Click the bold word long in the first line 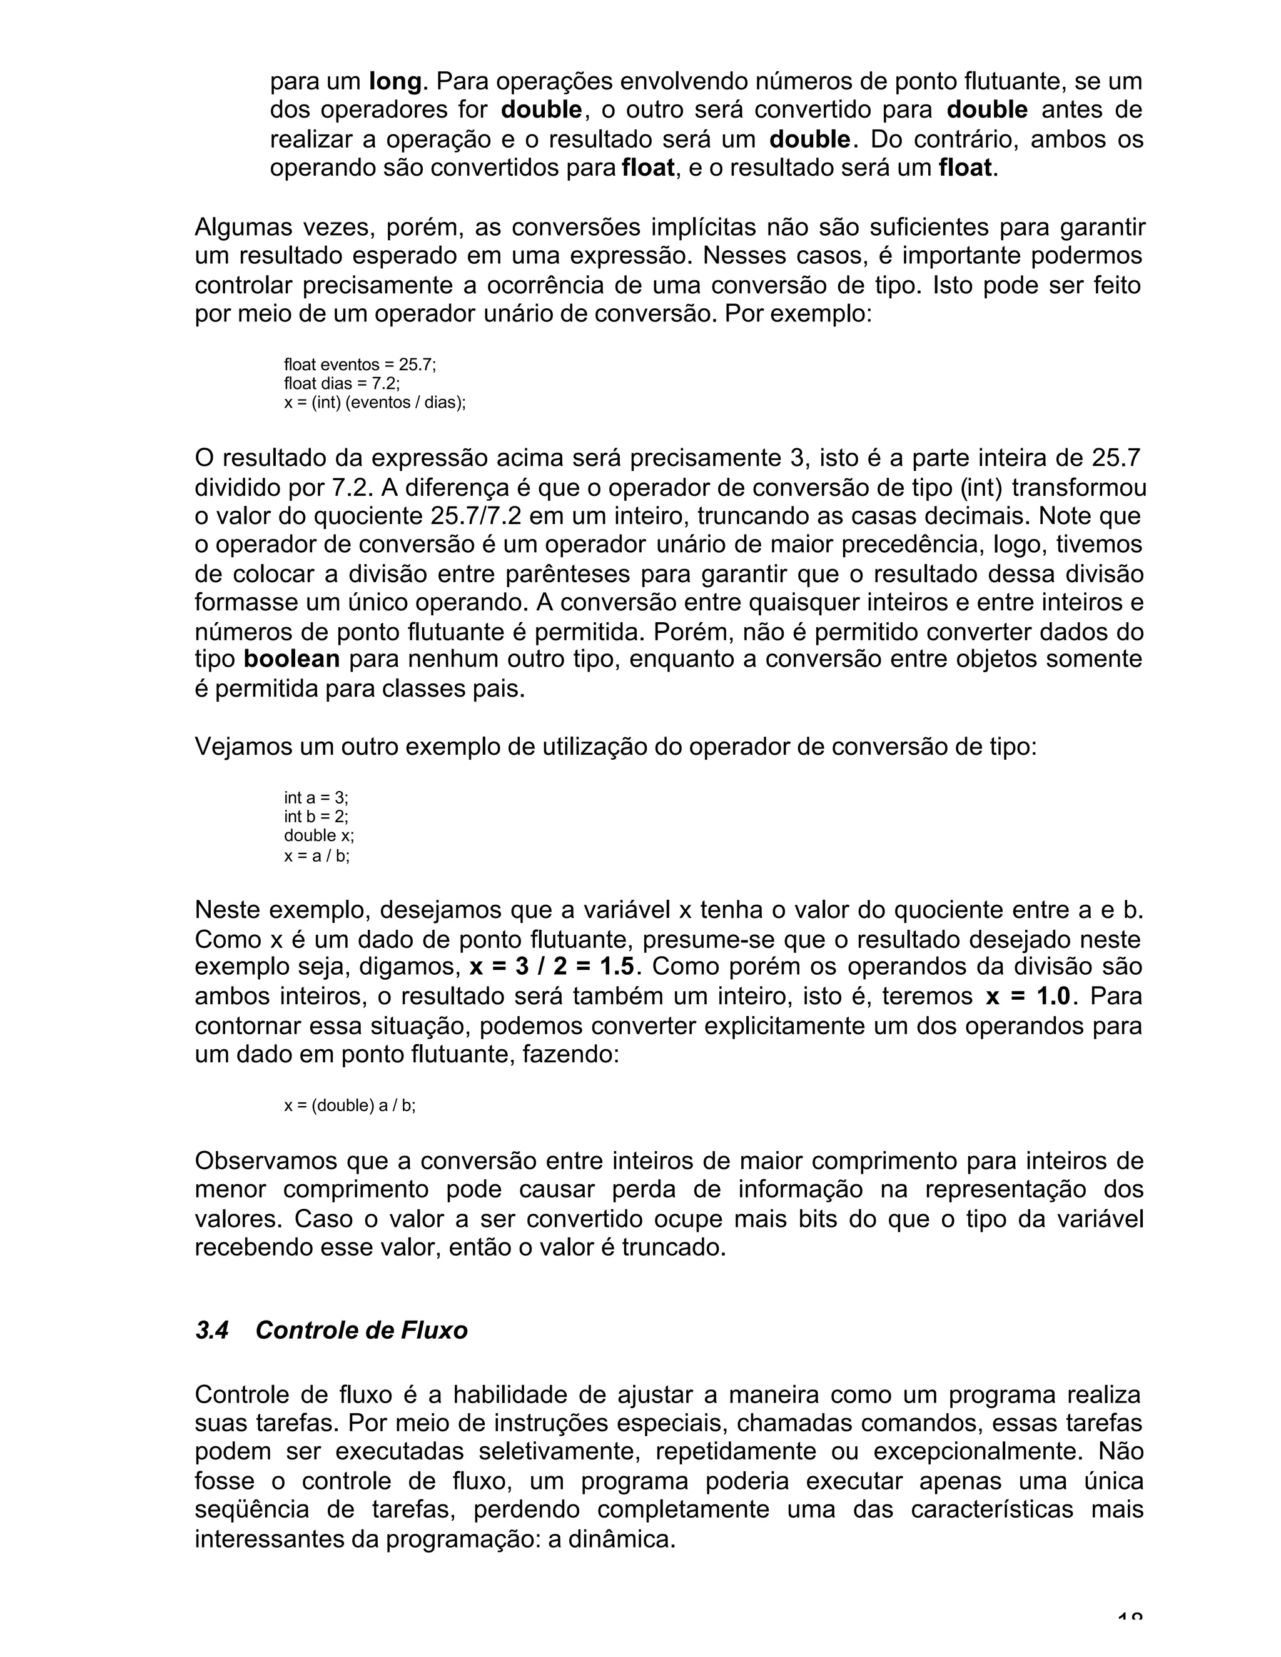[x=395, y=81]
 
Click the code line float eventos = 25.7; [x=360, y=365]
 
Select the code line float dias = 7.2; [x=342, y=384]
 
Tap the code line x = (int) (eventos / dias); [x=374, y=403]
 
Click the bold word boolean [x=291, y=658]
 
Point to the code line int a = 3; [x=316, y=797]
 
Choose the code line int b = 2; [x=316, y=817]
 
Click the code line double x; [x=319, y=835]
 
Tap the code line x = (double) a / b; [x=350, y=1106]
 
